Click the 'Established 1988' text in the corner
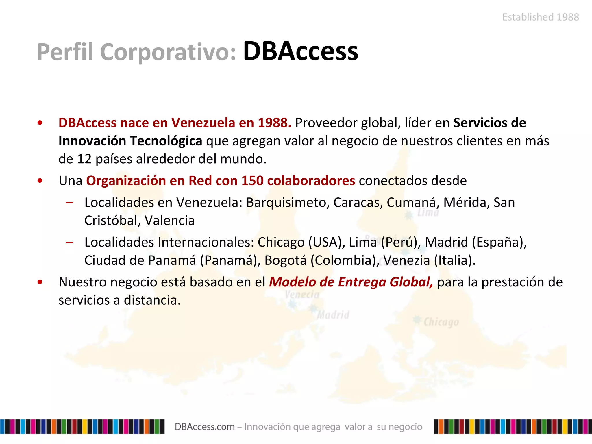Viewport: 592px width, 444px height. click(541, 17)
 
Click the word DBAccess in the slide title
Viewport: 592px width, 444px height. click(301, 51)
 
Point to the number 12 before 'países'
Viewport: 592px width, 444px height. click(84, 159)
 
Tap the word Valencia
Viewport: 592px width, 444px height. click(170, 221)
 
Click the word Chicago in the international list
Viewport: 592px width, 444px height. click(281, 242)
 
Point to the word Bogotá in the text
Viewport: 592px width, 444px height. click(285, 260)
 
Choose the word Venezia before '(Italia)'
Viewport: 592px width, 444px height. click(407, 260)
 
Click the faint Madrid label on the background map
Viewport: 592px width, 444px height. click(333, 315)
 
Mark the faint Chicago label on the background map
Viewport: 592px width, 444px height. click(441, 322)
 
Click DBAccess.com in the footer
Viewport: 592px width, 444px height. click(205, 427)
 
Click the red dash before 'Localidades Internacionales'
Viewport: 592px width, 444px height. click(69, 242)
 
